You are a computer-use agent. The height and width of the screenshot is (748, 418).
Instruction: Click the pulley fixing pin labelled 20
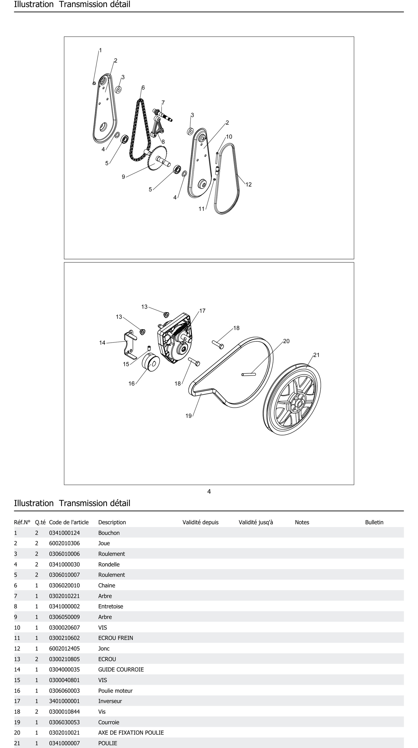coord(249,374)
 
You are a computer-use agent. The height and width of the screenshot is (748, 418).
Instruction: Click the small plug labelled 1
coord(94,83)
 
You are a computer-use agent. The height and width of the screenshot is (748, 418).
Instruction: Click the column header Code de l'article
coord(69,522)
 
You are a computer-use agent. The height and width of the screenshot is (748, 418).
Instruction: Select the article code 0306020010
coord(64,585)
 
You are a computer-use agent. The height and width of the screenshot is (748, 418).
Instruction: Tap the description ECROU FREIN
coord(115,638)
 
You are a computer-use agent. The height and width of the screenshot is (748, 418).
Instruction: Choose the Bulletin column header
coord(374,522)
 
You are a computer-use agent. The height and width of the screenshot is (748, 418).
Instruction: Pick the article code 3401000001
coord(64,701)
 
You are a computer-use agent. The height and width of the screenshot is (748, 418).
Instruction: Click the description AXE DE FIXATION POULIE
coord(131,733)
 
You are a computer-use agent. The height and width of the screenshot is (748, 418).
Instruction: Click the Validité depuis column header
coord(200,522)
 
